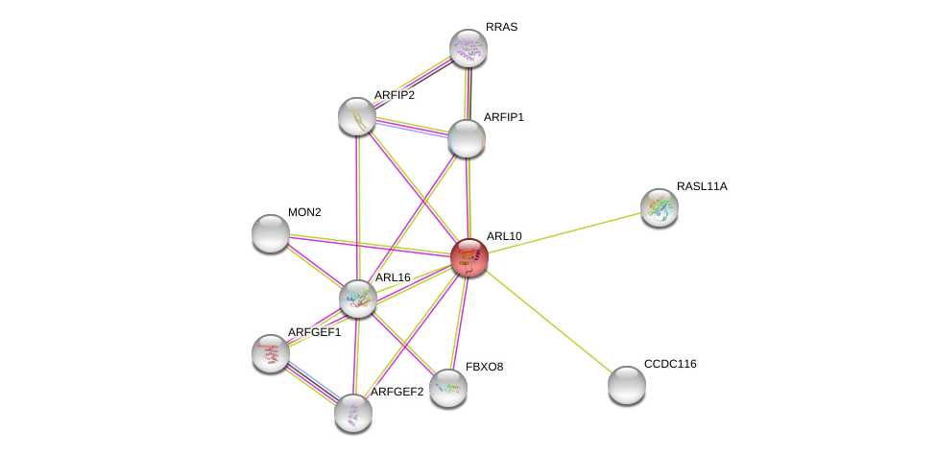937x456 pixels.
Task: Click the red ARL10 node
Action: point(468,257)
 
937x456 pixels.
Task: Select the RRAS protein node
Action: point(468,48)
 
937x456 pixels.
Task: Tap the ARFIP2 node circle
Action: point(357,116)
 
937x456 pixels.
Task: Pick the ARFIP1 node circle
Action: point(467,138)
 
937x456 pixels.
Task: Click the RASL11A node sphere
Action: point(660,207)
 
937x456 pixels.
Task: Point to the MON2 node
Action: point(271,233)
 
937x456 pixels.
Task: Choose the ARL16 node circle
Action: point(358,299)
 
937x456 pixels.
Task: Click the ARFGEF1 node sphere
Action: point(271,353)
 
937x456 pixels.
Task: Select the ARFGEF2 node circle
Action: point(353,413)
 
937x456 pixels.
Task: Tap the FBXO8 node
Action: point(447,388)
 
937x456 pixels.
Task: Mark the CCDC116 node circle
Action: point(627,385)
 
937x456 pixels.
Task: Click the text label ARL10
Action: point(504,236)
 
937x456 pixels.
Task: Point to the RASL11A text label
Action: point(702,186)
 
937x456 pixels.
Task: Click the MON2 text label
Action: point(304,212)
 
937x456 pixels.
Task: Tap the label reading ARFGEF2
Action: point(396,392)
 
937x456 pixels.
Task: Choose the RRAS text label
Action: point(501,27)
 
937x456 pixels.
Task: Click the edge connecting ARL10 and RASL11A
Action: point(565,232)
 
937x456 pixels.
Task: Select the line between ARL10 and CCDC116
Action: point(548,322)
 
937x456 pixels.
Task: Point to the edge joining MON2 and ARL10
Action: point(370,245)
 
